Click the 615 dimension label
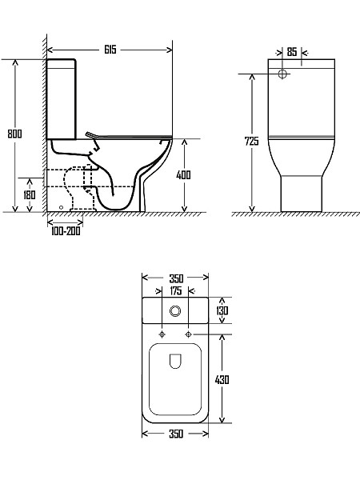pos(110,50)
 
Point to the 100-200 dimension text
pos(64,231)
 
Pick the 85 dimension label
pos(292,52)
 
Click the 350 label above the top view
pos(175,278)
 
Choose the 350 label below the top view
pos(175,434)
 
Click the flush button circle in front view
pos(282,74)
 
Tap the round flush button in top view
pos(175,310)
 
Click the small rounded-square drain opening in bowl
pos(175,362)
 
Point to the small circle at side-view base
pos(61,206)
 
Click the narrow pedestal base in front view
pos(300,194)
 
